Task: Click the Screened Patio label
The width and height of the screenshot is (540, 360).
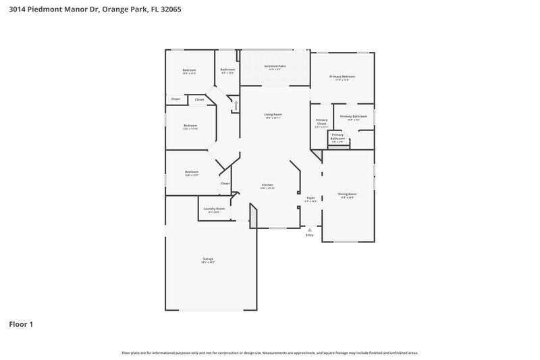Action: pyautogui.click(x=273, y=66)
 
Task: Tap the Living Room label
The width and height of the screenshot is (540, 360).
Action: pyautogui.click(x=273, y=114)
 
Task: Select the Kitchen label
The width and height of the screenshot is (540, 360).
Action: pyautogui.click(x=267, y=185)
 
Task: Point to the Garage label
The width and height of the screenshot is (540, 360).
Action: pyautogui.click(x=208, y=259)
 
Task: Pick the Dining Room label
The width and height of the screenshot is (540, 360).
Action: pyautogui.click(x=347, y=194)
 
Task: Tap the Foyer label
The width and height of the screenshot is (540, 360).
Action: pyautogui.click(x=310, y=198)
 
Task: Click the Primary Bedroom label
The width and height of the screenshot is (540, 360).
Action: pyautogui.click(x=342, y=76)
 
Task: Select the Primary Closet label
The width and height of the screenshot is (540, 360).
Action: pyautogui.click(x=321, y=122)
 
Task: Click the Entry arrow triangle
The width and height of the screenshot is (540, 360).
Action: pyautogui.click(x=310, y=230)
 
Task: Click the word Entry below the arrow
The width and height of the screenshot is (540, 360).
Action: pyautogui.click(x=310, y=235)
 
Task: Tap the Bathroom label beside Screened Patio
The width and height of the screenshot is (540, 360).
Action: pyautogui.click(x=227, y=70)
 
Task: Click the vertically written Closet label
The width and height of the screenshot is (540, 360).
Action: pyautogui.click(x=236, y=106)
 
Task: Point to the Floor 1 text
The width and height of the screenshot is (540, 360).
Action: pyautogui.click(x=21, y=324)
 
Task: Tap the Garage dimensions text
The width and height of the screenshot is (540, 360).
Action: pyautogui.click(x=208, y=263)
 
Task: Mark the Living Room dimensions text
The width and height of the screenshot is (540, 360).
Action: pyautogui.click(x=273, y=118)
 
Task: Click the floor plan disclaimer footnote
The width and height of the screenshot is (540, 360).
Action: pyautogui.click(x=269, y=353)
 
